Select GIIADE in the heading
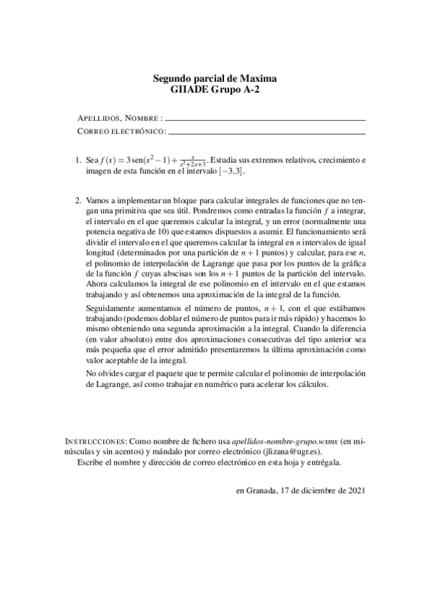(x=190, y=90)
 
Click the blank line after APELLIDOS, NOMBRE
(x=265, y=119)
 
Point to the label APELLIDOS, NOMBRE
(x=119, y=118)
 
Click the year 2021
(x=355, y=491)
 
